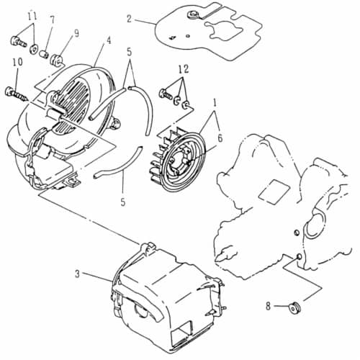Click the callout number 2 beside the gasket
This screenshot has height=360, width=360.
coord(130,19)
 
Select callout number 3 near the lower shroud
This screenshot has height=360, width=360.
coord(77,274)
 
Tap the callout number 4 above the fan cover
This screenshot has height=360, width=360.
coord(109,40)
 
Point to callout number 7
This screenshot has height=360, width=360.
coord(53,20)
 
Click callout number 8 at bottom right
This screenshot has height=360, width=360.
coord(268,306)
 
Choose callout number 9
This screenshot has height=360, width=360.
coord(76,33)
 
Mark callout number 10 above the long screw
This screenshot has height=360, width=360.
coord(18,62)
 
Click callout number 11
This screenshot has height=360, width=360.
coord(32,16)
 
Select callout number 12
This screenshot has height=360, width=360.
coord(184,69)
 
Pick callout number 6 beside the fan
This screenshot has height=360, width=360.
coord(220,138)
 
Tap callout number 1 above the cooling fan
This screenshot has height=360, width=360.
coord(215,104)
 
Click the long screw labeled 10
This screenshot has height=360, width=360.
coord(17,94)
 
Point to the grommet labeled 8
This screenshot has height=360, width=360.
coord(294,307)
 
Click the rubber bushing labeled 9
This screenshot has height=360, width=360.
coord(56,60)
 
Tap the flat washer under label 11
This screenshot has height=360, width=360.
coord(33,49)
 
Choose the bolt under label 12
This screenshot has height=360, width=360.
coord(166,94)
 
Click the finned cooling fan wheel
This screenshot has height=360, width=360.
coord(178,159)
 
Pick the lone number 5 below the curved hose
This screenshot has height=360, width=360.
coord(123,202)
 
